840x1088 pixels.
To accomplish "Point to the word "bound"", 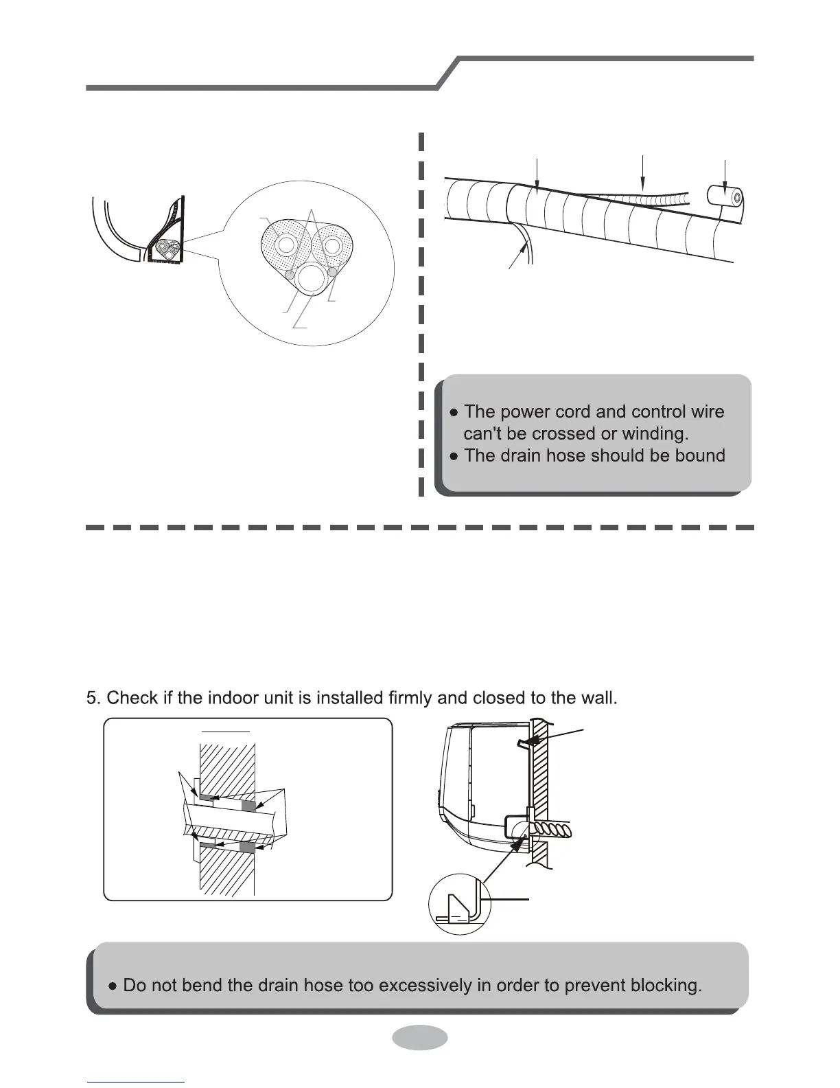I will tap(698, 455).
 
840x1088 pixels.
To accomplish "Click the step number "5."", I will tap(94, 698).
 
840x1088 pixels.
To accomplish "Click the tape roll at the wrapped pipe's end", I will tap(726, 197).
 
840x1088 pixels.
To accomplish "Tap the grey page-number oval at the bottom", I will tap(420, 1037).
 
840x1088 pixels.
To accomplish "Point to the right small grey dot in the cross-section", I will tap(334, 273).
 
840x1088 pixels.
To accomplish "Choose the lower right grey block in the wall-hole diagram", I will tap(248, 848).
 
